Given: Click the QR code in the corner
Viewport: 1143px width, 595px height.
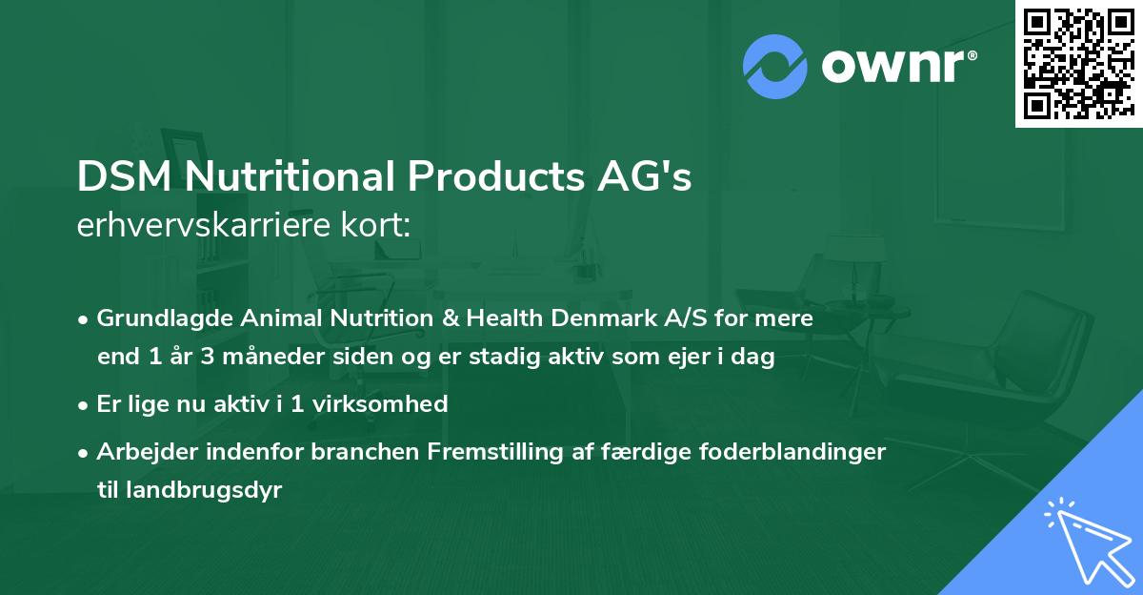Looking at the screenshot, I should pyautogui.click(x=1077, y=63).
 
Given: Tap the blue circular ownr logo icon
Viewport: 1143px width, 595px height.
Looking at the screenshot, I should pyautogui.click(x=775, y=67).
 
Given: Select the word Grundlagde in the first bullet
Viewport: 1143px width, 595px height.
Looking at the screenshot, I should pyautogui.click(x=157, y=318).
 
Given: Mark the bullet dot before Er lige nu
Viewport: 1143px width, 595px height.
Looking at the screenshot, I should pyautogui.click(x=85, y=404).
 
